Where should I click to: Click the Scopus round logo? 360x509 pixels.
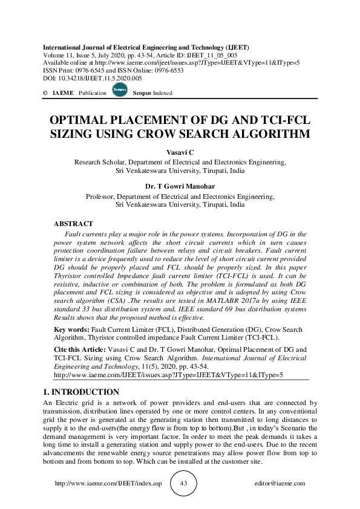[119, 91]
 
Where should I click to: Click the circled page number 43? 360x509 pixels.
[185, 484]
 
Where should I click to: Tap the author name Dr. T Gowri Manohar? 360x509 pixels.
[180, 187]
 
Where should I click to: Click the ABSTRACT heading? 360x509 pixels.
[73, 224]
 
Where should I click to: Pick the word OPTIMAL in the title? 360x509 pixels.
[79, 120]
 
